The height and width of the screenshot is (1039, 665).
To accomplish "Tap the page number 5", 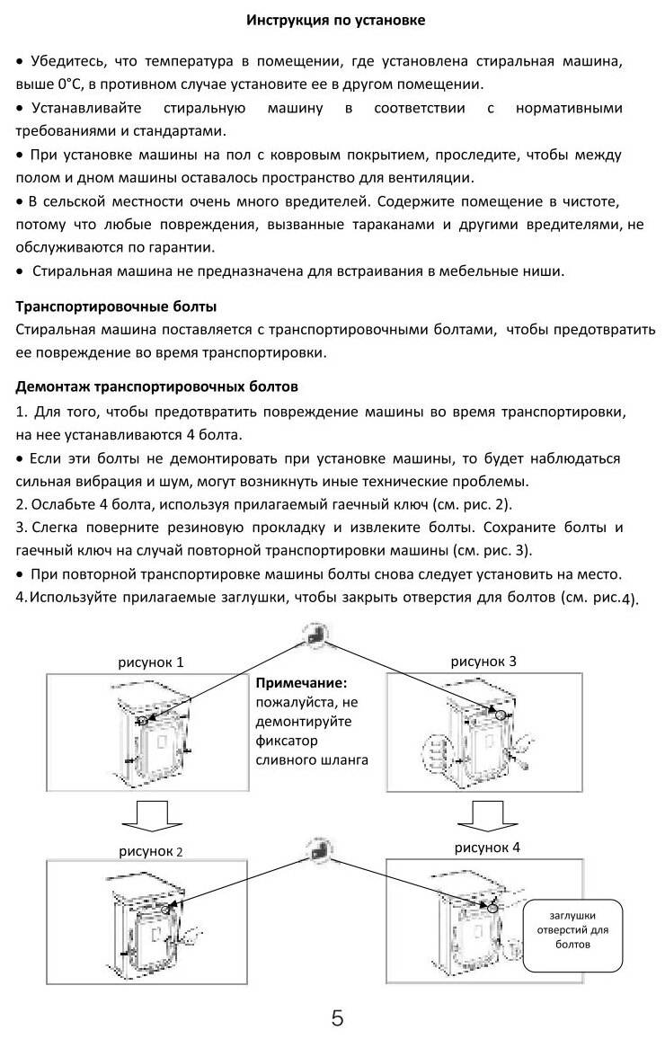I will (x=338, y=1018).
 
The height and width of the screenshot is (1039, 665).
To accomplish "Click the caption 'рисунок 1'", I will (x=151, y=662).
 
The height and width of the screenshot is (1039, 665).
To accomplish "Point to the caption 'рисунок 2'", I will (x=151, y=849).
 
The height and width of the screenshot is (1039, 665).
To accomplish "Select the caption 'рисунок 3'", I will (x=483, y=662).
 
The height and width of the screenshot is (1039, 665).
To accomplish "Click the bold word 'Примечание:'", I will (x=302, y=683).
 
